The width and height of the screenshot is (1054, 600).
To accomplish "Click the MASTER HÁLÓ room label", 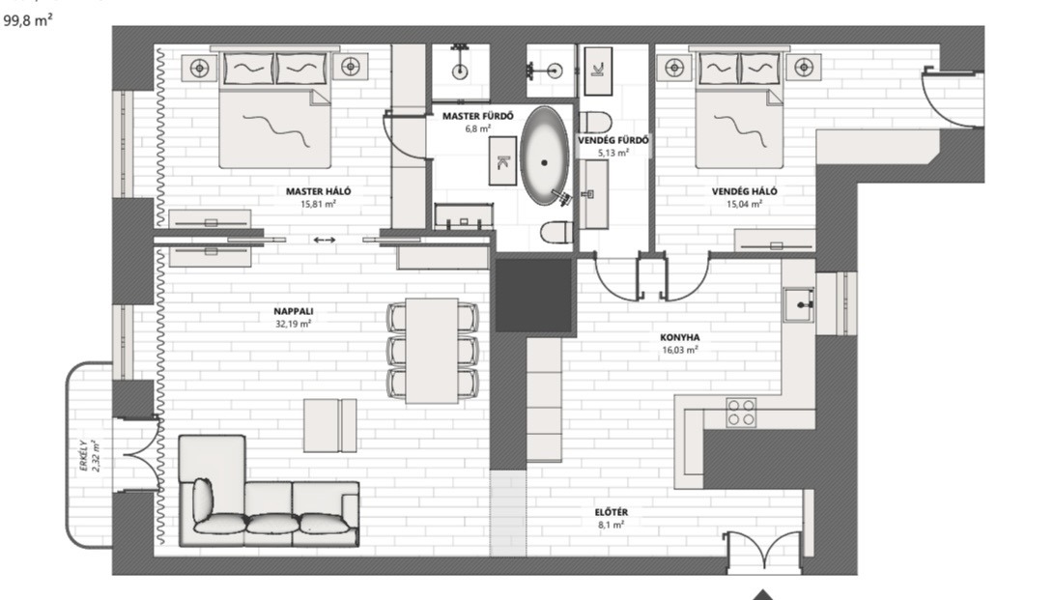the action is pyautogui.click(x=319, y=191).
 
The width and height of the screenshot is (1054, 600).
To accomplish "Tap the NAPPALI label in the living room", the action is pyautogui.click(x=293, y=312).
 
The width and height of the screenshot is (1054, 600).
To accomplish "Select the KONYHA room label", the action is pyautogui.click(x=679, y=338).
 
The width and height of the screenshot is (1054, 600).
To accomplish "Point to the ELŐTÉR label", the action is pyautogui.click(x=612, y=513).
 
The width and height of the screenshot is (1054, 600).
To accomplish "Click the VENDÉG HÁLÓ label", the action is pyautogui.click(x=744, y=191).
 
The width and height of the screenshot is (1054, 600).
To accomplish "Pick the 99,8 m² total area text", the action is pyautogui.click(x=28, y=21).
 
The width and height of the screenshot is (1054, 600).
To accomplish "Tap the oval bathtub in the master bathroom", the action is pyautogui.click(x=545, y=156).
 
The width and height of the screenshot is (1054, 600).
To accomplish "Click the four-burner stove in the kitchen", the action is pyautogui.click(x=741, y=413).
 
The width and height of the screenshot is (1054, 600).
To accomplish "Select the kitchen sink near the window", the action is pyautogui.click(x=799, y=305).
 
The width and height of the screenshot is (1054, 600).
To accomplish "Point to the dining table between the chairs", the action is pyautogui.click(x=432, y=350).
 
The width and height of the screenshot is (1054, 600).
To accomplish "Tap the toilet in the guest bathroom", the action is pyautogui.click(x=595, y=122).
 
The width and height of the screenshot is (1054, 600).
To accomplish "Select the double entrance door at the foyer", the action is pyautogui.click(x=763, y=551).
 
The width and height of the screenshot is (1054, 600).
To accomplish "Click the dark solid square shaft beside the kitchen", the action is pyautogui.click(x=533, y=296).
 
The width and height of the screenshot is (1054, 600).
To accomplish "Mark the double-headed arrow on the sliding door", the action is pyautogui.click(x=325, y=240).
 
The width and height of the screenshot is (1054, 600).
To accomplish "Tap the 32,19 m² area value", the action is pyautogui.click(x=293, y=324).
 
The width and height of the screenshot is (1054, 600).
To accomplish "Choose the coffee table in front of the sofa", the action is pyautogui.click(x=330, y=425).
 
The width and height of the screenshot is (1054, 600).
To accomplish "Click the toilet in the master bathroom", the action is pyautogui.click(x=556, y=232).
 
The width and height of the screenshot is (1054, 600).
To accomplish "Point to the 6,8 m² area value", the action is pyautogui.click(x=478, y=129).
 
